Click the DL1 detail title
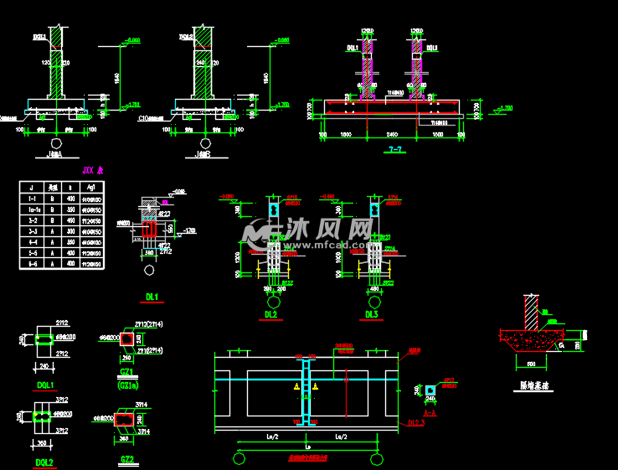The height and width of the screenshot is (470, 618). [152, 296]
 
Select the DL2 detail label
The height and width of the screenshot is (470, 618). [270, 314]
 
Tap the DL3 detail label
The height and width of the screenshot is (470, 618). [372, 314]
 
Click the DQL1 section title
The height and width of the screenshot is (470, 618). [44, 385]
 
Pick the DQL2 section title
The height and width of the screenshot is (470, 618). [44, 462]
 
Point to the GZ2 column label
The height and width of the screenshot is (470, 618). [127, 459]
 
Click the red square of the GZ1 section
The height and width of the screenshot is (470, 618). [128, 338]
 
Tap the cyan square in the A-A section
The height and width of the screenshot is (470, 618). [430, 390]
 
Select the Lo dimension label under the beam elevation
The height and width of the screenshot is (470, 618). [307, 447]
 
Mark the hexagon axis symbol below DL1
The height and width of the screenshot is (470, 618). [149, 271]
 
